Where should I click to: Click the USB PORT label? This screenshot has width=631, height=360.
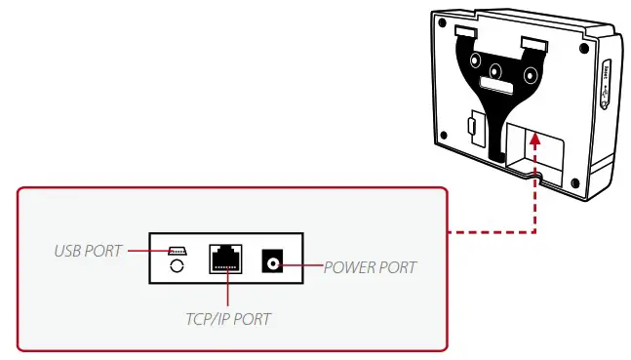[88, 251]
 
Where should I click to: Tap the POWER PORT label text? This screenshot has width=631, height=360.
[370, 266]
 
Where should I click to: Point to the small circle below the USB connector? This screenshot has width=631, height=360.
[177, 265]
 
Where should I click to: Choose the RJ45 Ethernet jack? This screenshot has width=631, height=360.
[226, 258]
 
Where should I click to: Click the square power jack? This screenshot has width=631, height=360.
[272, 261]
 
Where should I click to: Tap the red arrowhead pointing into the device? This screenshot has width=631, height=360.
[534, 140]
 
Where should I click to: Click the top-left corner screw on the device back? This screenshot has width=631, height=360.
[443, 21]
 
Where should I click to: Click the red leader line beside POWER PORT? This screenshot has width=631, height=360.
[304, 261]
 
